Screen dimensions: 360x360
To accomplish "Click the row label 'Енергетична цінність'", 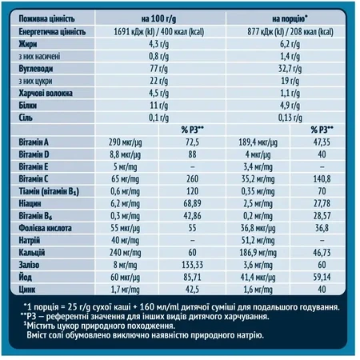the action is click(x=52, y=32).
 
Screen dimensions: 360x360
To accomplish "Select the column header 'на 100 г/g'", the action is click(x=158, y=19).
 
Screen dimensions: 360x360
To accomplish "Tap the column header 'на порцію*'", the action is click(x=290, y=19).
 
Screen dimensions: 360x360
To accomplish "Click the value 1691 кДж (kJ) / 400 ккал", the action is click(x=159, y=32).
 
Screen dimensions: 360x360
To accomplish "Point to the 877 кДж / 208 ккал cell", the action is click(x=290, y=32).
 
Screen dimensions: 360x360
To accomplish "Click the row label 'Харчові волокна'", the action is click(x=46, y=93).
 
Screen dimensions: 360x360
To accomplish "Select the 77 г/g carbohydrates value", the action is click(x=159, y=69).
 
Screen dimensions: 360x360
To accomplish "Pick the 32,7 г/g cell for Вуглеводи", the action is click(x=290, y=69).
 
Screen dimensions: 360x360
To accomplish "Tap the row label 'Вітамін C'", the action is click(x=34, y=179).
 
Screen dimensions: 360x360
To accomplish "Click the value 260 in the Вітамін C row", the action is click(x=192, y=179).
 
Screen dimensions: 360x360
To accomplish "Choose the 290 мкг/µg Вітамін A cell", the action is click(x=125, y=142).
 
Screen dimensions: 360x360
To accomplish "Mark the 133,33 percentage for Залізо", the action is click(x=192, y=265).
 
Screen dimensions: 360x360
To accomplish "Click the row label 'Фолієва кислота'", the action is click(x=45, y=228).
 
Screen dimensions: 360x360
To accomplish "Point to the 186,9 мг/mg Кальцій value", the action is click(x=258, y=253).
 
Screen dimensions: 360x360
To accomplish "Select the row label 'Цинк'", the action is click(x=27, y=290).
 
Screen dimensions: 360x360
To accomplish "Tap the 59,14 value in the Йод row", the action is click(x=322, y=277).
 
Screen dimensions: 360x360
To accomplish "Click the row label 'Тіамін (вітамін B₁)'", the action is click(x=49, y=191).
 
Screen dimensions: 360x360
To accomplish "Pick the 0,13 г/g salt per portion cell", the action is click(x=290, y=118).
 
